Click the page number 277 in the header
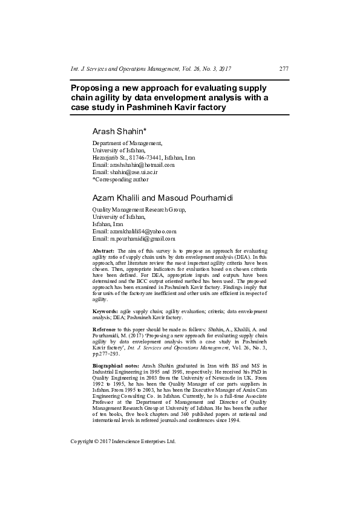coord(283,69)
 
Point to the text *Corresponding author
coord(120,180)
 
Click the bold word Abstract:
coord(104,250)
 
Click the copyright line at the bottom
coord(123,441)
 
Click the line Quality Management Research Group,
coord(139,209)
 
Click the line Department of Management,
coord(127,143)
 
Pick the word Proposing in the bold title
coord(93,87)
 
